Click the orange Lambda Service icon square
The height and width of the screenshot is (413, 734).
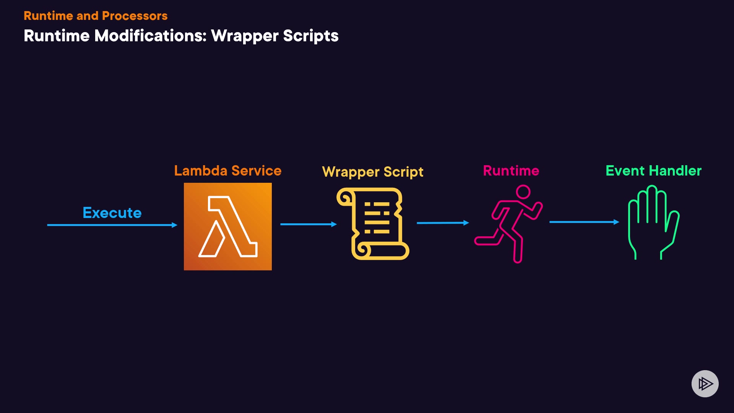pyautogui.click(x=228, y=226)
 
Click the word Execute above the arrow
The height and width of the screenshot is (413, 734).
pyautogui.click(x=112, y=213)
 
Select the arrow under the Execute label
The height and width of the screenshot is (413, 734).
pyautogui.click(x=112, y=225)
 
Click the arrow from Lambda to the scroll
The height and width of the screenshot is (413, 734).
pyautogui.click(x=308, y=224)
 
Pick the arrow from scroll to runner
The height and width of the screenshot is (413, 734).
pyautogui.click(x=443, y=223)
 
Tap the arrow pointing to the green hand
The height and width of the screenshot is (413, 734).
pyautogui.click(x=584, y=222)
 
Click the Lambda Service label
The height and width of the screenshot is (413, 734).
pyautogui.click(x=227, y=171)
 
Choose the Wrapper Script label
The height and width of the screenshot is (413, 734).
pyautogui.click(x=373, y=172)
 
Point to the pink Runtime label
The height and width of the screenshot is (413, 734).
pyautogui.click(x=511, y=171)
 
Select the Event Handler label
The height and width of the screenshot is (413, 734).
pyautogui.click(x=653, y=171)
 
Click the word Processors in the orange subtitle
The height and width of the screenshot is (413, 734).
pyautogui.click(x=135, y=16)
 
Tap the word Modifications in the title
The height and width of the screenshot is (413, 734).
pyautogui.click(x=150, y=36)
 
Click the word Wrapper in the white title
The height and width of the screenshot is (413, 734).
pyautogui.click(x=245, y=36)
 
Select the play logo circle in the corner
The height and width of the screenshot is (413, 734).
pyautogui.click(x=705, y=384)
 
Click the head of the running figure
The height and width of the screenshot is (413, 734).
pyautogui.click(x=523, y=192)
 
